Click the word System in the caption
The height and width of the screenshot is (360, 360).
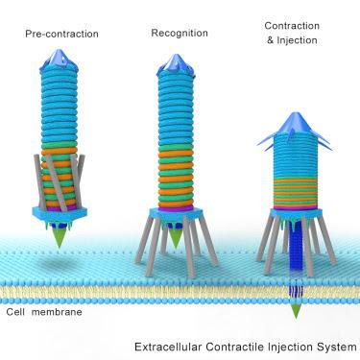click(x=336, y=346)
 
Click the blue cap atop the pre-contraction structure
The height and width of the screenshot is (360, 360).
click(x=61, y=60)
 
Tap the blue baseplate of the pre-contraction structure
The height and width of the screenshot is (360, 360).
click(x=60, y=212)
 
